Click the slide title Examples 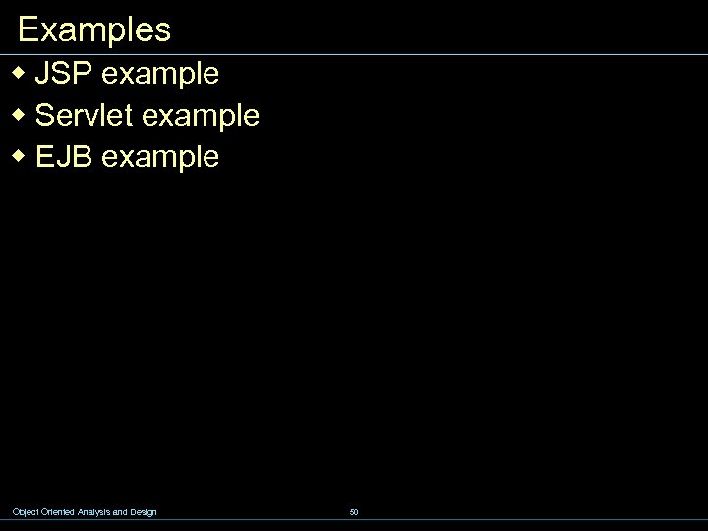click(94, 29)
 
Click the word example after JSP click(159, 75)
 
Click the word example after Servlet click(201, 117)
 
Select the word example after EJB click(160, 158)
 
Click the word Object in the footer click(25, 512)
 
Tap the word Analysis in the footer click(94, 512)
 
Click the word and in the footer click(123, 512)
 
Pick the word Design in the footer click(144, 512)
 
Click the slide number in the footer click(354, 512)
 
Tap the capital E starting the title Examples click(28, 29)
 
